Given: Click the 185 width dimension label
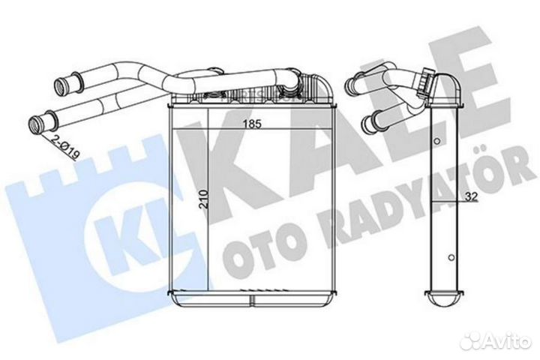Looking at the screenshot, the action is [253, 124].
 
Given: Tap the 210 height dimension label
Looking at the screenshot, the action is [204, 199].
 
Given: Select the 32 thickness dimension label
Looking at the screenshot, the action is [472, 196].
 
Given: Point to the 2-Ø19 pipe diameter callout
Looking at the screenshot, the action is [65, 148].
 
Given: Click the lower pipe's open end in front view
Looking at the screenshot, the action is [34, 124].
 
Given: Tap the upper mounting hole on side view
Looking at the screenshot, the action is [437, 141].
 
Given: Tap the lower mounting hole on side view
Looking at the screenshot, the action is [451, 257].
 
